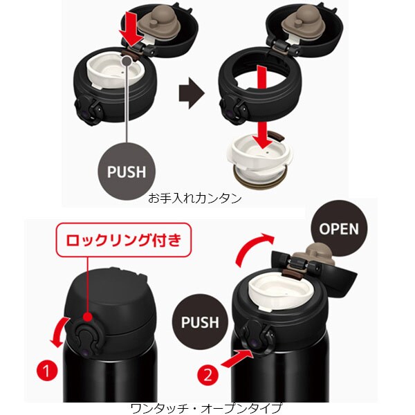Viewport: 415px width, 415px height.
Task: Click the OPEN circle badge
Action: point(339,228)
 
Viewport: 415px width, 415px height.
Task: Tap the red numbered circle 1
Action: point(47,370)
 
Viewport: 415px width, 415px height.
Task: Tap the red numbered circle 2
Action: point(207,375)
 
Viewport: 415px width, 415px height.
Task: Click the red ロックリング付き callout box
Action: point(124,240)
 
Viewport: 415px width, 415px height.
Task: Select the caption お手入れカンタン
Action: point(194,199)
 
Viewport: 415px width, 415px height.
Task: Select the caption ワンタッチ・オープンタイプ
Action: point(206,408)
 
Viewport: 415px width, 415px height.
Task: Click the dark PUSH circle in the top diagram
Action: point(127,172)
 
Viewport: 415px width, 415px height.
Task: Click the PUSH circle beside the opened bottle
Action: point(200,322)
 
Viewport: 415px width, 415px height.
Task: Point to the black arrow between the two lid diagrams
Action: point(192,93)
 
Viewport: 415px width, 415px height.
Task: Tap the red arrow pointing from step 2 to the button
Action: point(237,358)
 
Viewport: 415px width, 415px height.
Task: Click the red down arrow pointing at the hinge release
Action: point(131,30)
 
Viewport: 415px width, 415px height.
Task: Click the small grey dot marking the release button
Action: point(127,62)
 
